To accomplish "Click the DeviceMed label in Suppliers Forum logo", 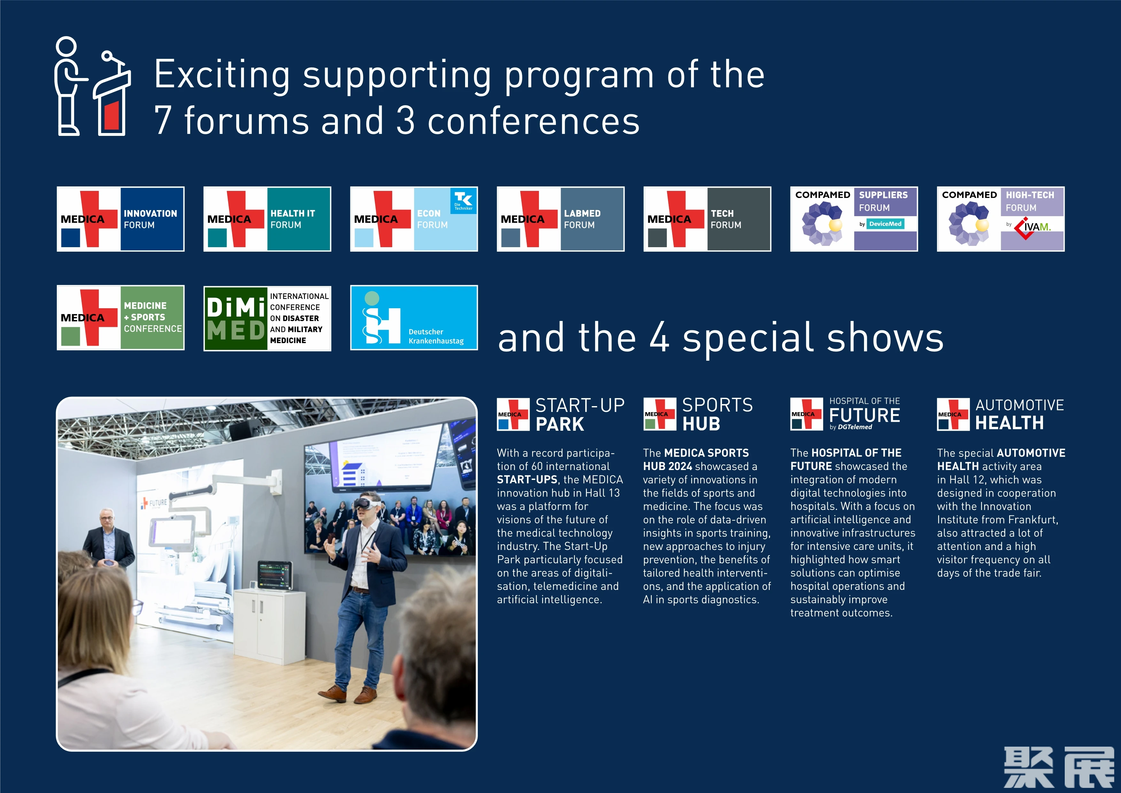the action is click(x=885, y=224).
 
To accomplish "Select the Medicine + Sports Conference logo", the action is click(x=121, y=318).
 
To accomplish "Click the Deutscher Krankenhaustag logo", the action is click(x=414, y=318).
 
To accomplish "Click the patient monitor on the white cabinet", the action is click(x=274, y=575).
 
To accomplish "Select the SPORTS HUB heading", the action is click(x=717, y=414).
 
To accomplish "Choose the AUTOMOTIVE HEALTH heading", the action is click(x=1019, y=414).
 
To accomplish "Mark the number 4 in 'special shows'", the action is click(x=659, y=337).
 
